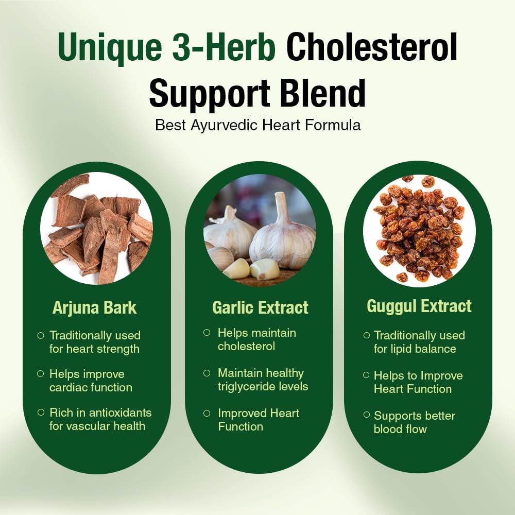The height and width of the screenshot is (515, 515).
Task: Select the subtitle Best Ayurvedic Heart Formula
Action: [x=257, y=125]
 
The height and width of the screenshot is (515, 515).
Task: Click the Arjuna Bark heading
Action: [x=95, y=307]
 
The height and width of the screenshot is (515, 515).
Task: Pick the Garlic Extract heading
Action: [x=260, y=307]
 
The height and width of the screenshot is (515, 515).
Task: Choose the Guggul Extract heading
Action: [x=419, y=306]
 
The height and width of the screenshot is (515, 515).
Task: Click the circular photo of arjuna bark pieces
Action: [x=96, y=228]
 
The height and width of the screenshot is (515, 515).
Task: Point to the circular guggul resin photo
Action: [x=419, y=228]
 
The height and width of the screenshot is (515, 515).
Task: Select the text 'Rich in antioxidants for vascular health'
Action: [x=100, y=419]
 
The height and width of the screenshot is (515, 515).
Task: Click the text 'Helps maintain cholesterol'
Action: [x=256, y=339]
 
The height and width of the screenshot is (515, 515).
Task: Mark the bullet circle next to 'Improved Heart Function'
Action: [x=207, y=413]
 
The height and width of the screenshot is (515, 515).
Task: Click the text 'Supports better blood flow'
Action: [x=414, y=422]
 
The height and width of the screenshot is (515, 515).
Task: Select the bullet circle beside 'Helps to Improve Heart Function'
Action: [x=366, y=375]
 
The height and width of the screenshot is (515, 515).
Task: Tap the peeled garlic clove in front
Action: [x=264, y=268]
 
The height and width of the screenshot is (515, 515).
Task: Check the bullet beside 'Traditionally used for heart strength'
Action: [x=41, y=335]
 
